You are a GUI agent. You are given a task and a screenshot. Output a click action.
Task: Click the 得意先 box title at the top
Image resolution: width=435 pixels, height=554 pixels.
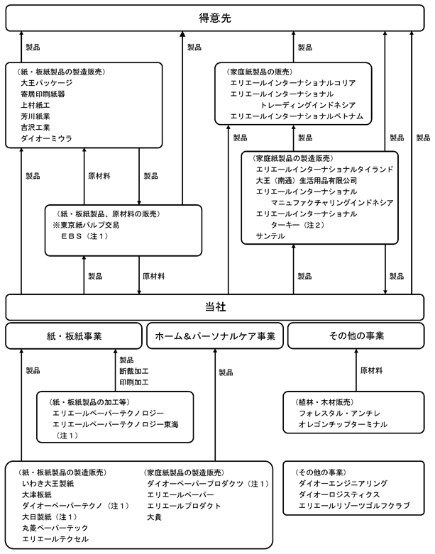click(x=215, y=18)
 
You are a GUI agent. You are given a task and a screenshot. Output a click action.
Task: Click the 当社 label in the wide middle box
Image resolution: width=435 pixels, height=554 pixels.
click(x=215, y=306)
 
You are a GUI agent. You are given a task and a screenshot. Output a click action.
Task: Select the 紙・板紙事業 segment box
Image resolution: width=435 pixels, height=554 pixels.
click(x=74, y=336)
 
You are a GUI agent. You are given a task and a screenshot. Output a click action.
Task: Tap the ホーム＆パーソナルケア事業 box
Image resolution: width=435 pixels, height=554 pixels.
click(x=215, y=336)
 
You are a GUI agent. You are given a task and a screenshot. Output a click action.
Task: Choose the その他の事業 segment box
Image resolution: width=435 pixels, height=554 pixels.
click(x=356, y=336)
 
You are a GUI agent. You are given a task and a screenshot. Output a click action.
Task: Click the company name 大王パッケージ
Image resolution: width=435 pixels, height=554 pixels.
click(x=46, y=83)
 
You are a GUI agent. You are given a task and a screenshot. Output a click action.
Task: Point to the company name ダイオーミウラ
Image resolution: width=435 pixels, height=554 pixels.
click(x=46, y=138)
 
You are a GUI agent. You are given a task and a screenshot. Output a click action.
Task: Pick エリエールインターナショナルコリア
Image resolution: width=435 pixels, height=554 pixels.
click(x=293, y=83)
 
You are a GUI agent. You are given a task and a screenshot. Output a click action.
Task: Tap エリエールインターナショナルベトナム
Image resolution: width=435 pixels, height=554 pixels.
click(x=297, y=116)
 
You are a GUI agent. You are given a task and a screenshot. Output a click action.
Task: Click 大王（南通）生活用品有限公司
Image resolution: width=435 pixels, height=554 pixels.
click(x=307, y=181)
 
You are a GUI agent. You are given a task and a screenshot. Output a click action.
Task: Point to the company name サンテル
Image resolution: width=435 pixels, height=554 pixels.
click(x=270, y=236)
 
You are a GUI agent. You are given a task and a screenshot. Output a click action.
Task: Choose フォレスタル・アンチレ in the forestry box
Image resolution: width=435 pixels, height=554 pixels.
click(x=340, y=414)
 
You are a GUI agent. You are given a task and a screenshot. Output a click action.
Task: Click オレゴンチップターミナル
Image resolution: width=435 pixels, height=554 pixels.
click(x=343, y=424)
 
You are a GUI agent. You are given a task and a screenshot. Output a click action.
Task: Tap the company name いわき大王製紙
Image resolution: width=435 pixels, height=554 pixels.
click(x=48, y=483)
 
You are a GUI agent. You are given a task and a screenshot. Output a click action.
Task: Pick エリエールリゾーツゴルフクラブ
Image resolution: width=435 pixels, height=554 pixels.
click(x=354, y=506)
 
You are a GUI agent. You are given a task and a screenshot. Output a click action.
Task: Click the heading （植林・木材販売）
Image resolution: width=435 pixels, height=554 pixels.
click(x=324, y=402)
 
